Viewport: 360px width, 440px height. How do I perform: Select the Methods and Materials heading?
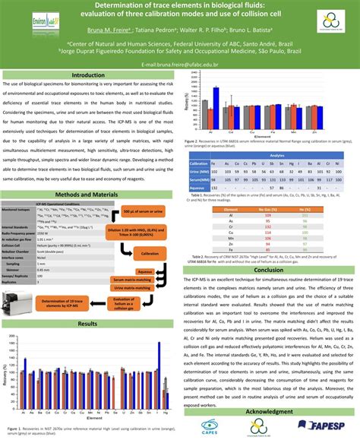90,195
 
